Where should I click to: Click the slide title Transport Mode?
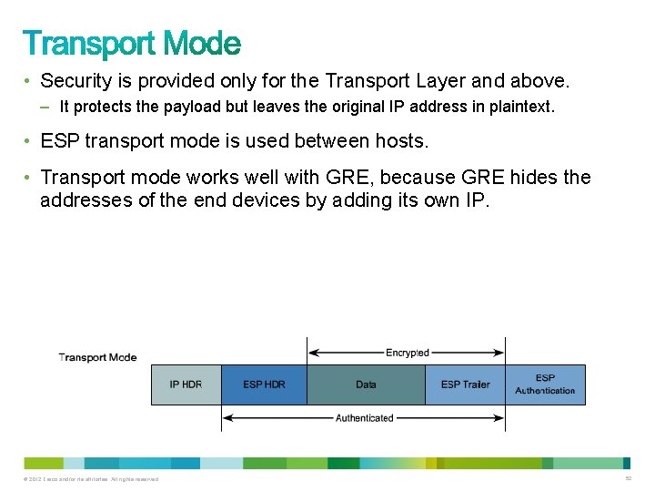coord(132,43)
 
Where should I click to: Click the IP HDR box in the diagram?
coord(186,384)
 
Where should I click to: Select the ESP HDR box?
coord(264,384)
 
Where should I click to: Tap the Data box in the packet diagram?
coord(366,384)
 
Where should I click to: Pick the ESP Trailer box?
coord(465,384)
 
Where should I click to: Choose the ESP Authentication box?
coord(545,384)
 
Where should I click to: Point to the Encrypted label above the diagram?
coord(407,353)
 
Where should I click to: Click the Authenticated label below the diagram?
coord(364,418)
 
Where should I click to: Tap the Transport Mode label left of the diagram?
coord(97,357)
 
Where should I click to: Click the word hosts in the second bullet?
coord(401,141)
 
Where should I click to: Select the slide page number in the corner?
coord(628,478)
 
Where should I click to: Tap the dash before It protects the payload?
coord(46,107)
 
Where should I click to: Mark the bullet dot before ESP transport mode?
coord(29,141)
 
